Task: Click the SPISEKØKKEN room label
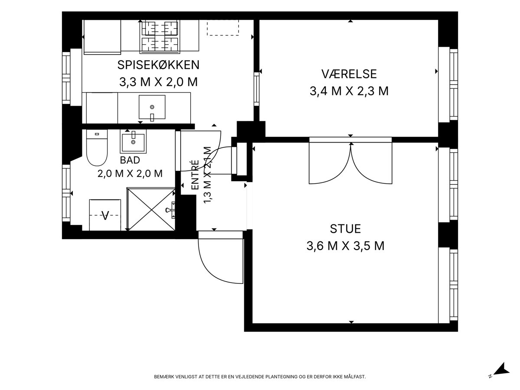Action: tap(158, 65)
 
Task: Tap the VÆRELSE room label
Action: tap(349, 74)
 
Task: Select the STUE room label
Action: tap(345, 229)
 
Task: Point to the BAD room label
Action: tap(130, 160)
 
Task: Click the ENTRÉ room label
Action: tap(195, 175)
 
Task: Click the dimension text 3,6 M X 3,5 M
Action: tap(345, 246)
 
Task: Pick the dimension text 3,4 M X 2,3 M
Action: tap(349, 91)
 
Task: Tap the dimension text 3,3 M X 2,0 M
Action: tap(158, 82)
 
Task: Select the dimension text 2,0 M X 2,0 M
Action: tap(130, 174)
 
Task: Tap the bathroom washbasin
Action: tap(133, 141)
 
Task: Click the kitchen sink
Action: tap(152, 107)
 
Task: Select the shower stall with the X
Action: tap(151, 209)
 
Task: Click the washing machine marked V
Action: tap(105, 215)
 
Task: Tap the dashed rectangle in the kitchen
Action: tap(223, 28)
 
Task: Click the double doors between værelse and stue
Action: tap(351, 163)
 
